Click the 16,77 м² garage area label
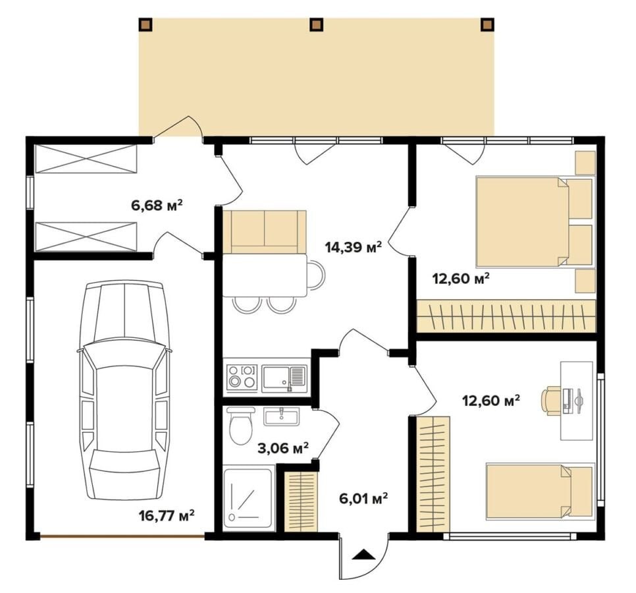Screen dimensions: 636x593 pyautogui.click(x=167, y=515)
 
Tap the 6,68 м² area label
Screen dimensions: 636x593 pyautogui.click(x=157, y=205)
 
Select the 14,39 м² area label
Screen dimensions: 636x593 pyautogui.click(x=354, y=246)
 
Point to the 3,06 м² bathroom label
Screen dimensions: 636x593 pyautogui.click(x=283, y=448)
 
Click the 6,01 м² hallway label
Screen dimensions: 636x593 pyautogui.click(x=363, y=498)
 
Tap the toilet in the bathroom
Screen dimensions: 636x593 pyautogui.click(x=241, y=426)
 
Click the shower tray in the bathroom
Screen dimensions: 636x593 pyautogui.click(x=249, y=499)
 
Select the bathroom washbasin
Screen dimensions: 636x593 pyautogui.click(x=282, y=416)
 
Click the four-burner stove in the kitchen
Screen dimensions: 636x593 pyautogui.click(x=242, y=376)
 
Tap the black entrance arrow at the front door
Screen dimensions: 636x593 pyautogui.click(x=364, y=554)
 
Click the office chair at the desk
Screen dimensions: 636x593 pyautogui.click(x=551, y=400)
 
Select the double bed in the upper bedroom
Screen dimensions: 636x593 pyautogui.click(x=534, y=221)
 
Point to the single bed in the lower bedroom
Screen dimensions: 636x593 pyautogui.click(x=539, y=492)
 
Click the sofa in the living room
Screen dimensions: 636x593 pyautogui.click(x=264, y=232)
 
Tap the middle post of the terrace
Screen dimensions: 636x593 pyautogui.click(x=317, y=25)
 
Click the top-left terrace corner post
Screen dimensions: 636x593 pyautogui.click(x=146, y=25)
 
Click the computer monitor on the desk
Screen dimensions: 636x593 pyautogui.click(x=577, y=400)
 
